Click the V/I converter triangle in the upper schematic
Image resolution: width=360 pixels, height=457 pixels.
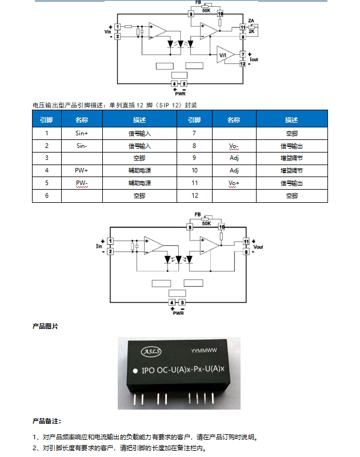coord(224,55)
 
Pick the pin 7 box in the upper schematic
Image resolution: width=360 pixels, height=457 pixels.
coord(243,54)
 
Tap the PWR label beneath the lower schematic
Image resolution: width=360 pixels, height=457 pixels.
coord(179,312)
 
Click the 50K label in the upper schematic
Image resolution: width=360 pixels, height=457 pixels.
coord(206,10)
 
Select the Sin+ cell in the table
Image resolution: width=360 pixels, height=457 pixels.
coord(82,133)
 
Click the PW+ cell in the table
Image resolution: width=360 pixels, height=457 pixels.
coord(82,170)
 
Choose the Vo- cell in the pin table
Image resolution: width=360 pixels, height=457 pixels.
coord(234,146)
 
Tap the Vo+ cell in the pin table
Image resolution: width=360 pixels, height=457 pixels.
coord(234,183)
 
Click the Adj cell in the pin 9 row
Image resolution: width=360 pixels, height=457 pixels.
coord(234,158)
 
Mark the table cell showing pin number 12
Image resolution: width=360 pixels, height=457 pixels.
coord(194,195)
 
